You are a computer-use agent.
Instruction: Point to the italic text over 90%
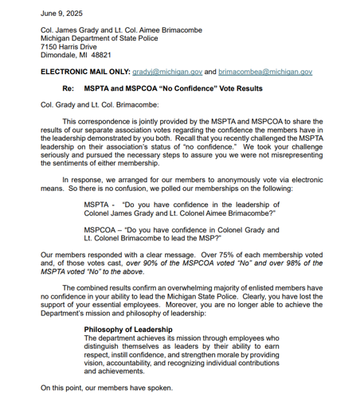157,262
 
